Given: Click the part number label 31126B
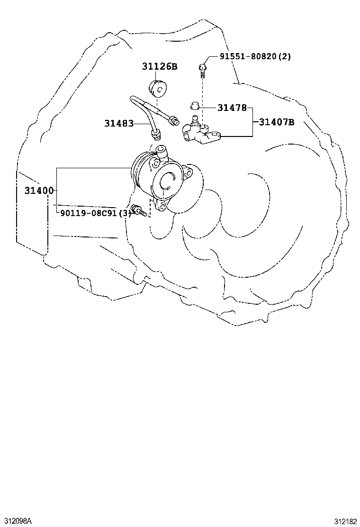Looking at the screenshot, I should (159, 66).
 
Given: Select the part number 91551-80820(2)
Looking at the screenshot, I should (255, 56).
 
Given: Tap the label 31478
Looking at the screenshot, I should (232, 108).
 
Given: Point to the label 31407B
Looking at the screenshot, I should (276, 122).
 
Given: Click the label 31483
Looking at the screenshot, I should (118, 124).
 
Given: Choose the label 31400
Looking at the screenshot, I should (39, 191).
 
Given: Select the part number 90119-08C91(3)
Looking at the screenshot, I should (95, 213).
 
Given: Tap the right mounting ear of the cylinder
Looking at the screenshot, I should (188, 173).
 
